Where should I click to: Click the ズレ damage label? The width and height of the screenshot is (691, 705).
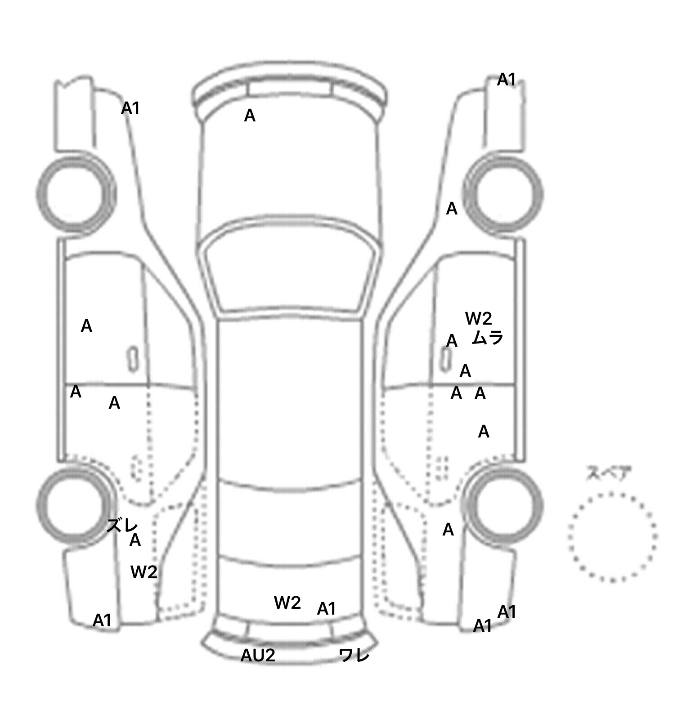pos(122,525)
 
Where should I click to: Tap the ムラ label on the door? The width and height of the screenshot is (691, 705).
pos(487,338)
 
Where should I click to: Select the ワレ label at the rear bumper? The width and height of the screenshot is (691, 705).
pos(354,655)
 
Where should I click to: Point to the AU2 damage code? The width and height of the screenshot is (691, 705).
pos(258,656)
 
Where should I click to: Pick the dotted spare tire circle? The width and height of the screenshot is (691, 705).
pos(612,536)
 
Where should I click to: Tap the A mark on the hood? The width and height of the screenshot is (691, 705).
pos(250,116)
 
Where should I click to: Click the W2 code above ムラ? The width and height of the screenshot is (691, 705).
pos(479,319)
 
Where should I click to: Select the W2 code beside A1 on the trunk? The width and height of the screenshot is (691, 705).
pos(287,603)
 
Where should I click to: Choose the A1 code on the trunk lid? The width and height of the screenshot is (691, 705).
pos(327,609)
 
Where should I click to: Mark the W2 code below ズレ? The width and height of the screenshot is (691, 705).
pos(144,572)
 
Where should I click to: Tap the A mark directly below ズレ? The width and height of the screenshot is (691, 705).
pos(135,540)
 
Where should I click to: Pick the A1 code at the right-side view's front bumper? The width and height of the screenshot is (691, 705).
pos(507,80)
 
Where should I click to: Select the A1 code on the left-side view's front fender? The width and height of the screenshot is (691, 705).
pos(130,108)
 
